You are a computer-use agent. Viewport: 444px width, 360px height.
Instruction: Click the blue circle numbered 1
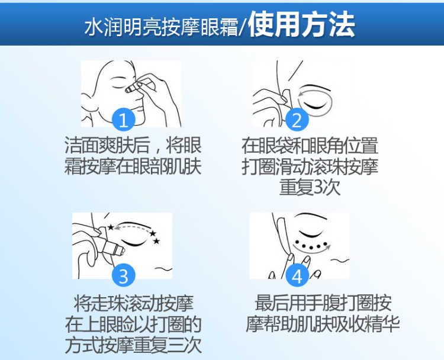(x=123, y=120)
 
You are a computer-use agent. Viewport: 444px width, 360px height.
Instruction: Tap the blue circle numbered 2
(x=297, y=120)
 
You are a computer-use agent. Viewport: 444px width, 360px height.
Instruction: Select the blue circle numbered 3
(x=123, y=275)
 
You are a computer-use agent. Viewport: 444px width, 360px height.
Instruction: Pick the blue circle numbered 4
(x=297, y=275)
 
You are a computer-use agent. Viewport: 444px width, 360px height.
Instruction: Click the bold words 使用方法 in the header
(x=301, y=24)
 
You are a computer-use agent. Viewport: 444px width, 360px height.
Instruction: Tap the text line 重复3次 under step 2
(x=310, y=187)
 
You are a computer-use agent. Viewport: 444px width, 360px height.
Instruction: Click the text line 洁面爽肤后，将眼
(x=133, y=146)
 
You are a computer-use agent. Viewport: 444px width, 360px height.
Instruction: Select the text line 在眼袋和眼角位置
(x=310, y=146)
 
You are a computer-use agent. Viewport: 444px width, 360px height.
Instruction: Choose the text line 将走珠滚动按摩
(x=133, y=303)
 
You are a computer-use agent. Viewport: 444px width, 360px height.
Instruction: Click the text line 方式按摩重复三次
(x=133, y=345)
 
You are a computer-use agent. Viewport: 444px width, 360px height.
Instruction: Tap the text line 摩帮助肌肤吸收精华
(x=323, y=324)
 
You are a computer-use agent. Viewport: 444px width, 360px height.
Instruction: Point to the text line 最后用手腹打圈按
(x=323, y=303)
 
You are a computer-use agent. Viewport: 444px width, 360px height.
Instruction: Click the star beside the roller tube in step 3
(x=111, y=227)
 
